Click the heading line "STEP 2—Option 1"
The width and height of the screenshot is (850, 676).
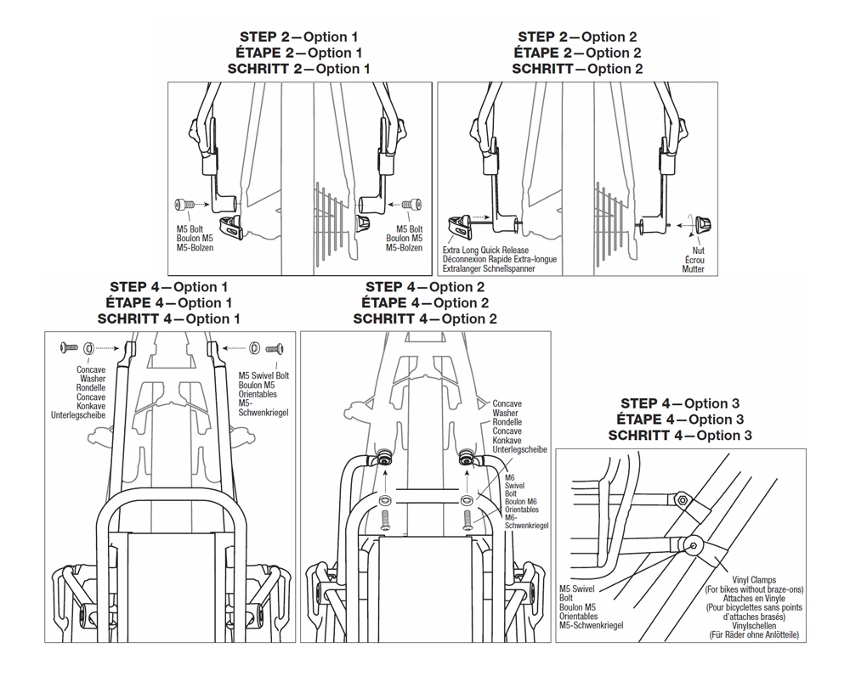[x=298, y=37]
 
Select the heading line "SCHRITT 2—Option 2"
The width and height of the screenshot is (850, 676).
[x=577, y=69]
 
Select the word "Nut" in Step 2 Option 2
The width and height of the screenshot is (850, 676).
[x=698, y=251]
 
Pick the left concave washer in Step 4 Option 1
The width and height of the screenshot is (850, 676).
[x=90, y=348]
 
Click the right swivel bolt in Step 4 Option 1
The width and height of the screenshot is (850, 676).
[x=274, y=348]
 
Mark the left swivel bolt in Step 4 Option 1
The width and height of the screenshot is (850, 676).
[x=68, y=348]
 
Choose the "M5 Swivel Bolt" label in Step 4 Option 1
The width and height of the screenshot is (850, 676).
[x=263, y=375]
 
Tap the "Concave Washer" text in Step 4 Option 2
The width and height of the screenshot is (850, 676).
[x=507, y=408]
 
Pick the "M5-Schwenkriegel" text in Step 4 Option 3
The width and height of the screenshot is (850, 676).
[x=591, y=625]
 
